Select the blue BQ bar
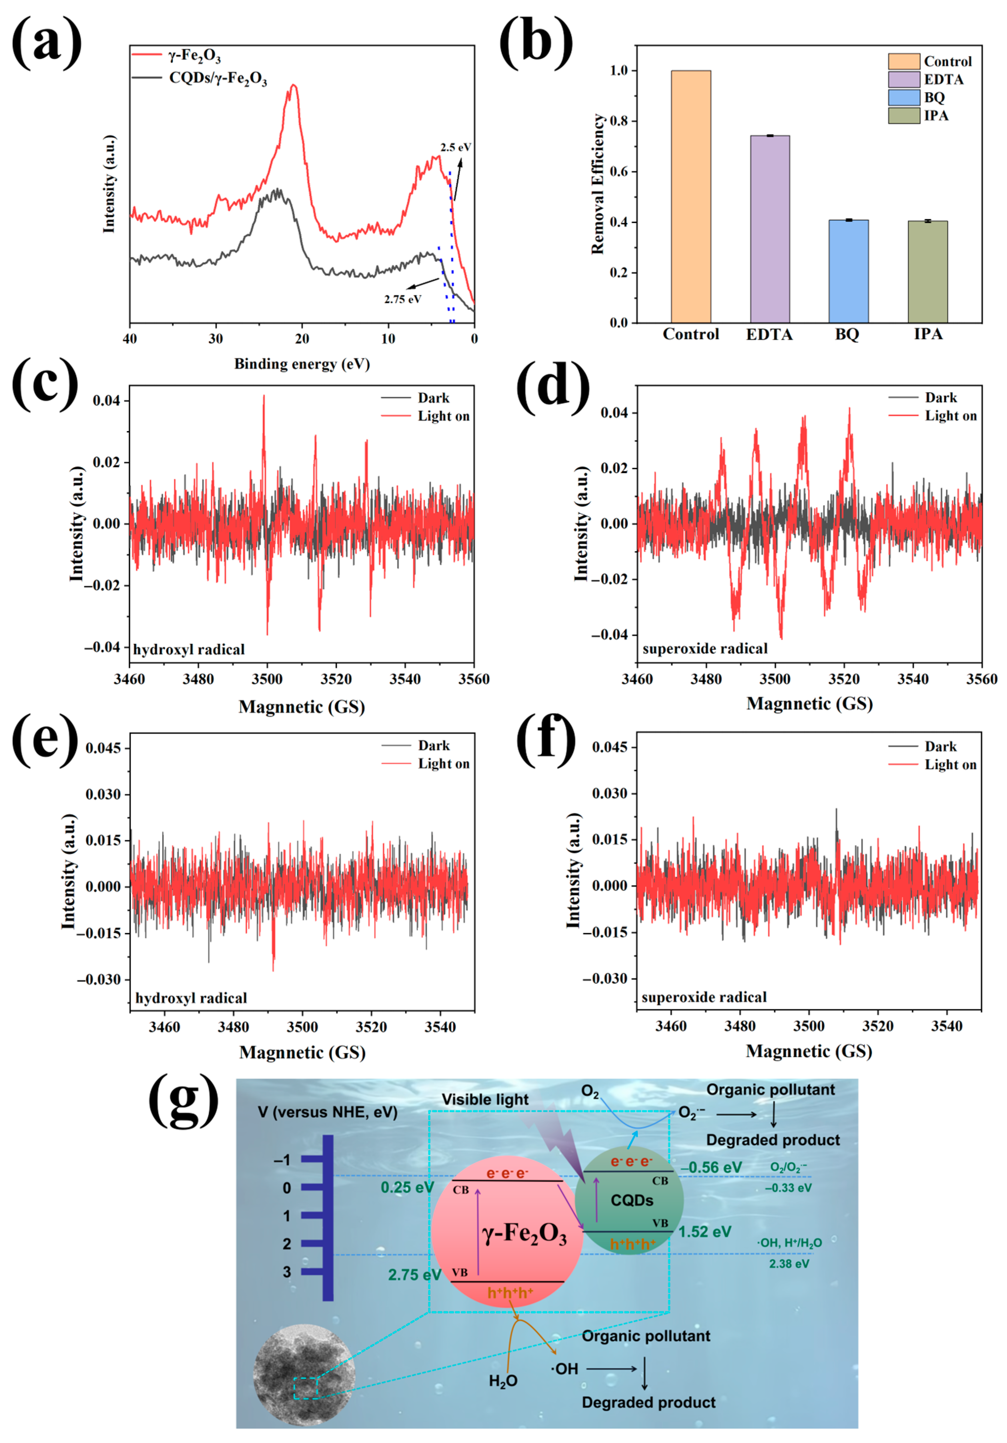point(848,271)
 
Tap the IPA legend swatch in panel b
point(903,116)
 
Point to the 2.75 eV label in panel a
point(402,299)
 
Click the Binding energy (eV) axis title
point(302,364)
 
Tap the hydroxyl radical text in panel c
point(188,649)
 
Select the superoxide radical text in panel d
point(705,648)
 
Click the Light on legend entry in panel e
point(443,764)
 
